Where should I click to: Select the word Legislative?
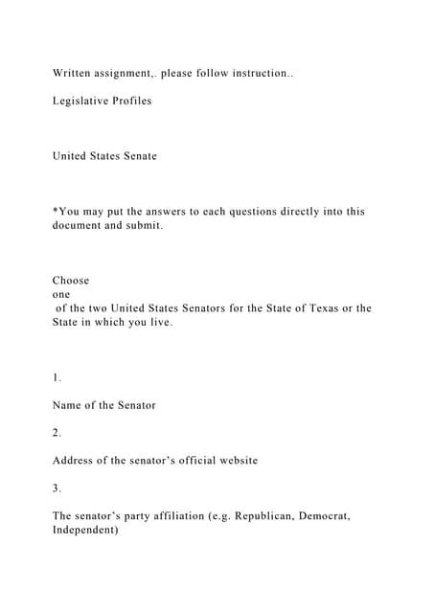(80, 101)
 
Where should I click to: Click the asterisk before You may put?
(55, 210)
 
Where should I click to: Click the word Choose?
(71, 281)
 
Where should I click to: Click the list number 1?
(57, 377)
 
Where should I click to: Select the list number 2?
(57, 433)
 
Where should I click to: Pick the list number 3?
(57, 488)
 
